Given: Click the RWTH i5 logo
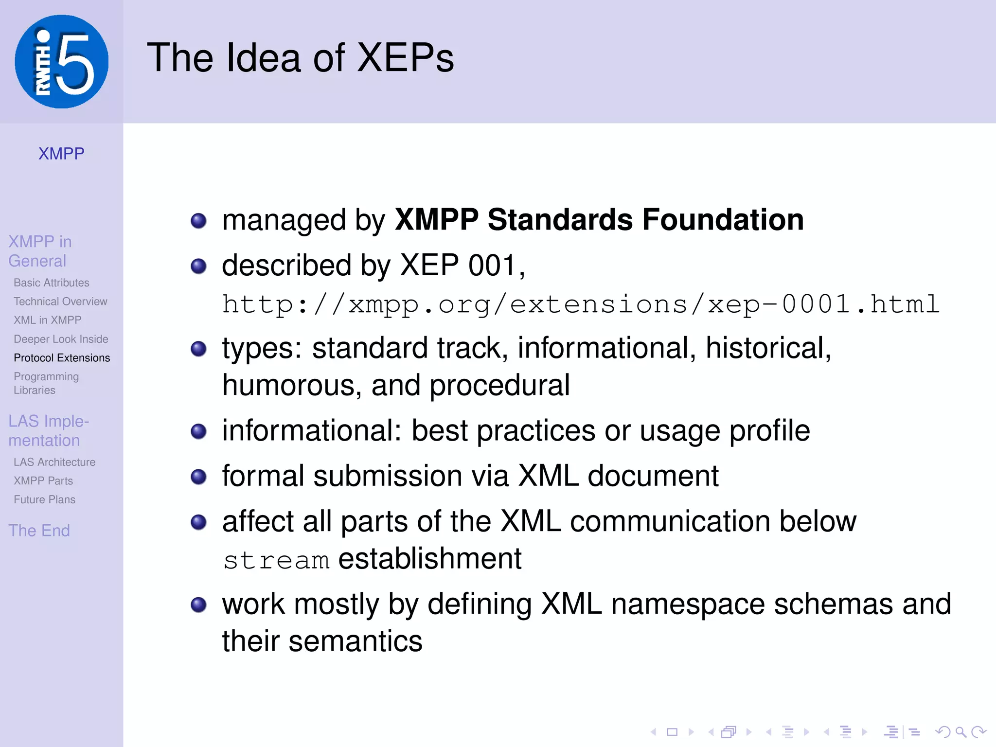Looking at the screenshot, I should pos(61,62).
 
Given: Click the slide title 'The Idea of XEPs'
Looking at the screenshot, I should pos(300,58).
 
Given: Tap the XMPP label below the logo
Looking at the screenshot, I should pos(61,154).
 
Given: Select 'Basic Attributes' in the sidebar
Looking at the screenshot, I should pos(52,283).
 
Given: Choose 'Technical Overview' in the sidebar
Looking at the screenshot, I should pos(60,302).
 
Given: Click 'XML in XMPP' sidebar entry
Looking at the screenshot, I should pos(47,320).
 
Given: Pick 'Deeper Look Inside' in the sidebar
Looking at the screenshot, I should pos(61,339).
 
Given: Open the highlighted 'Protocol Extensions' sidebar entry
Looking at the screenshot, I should pos(62,358).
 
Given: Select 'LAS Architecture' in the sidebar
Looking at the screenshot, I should pos(54,462).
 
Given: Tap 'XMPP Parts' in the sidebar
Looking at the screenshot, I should pos(43,481).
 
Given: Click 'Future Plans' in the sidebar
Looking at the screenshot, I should pos(44,499).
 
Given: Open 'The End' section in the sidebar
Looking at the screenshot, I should pos(39,531).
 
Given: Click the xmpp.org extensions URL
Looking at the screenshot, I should pos(581,305).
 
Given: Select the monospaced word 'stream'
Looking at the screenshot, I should pos(276,560).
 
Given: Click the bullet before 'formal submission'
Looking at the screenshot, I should pos(198,477).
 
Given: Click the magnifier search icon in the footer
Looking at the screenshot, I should pos(961,732).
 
